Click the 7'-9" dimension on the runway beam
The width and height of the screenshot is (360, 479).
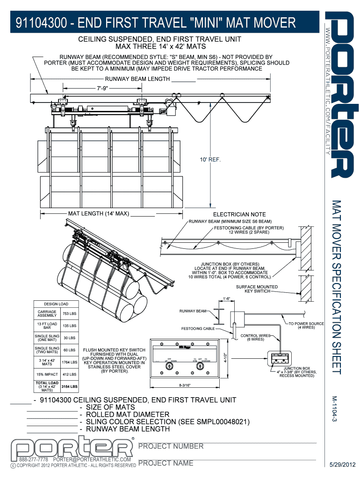pyautogui.click(x=101, y=88)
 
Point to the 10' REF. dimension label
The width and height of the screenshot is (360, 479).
pyautogui.click(x=210, y=160)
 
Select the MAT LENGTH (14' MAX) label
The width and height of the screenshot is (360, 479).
pyautogui.click(x=98, y=214)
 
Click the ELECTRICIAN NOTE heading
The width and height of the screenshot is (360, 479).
pyautogui.click(x=239, y=215)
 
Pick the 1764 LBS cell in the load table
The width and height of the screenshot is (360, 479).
pyautogui.click(x=69, y=362)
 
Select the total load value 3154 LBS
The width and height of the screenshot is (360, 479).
pyautogui.click(x=69, y=387)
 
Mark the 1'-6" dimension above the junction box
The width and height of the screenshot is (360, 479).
pyautogui.click(x=226, y=298)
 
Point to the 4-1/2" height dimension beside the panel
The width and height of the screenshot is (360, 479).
pyautogui.click(x=225, y=358)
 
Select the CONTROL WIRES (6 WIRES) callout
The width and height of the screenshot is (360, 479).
pyautogui.click(x=255, y=338)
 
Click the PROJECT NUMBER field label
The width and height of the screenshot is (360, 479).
pyautogui.click(x=171, y=446)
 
